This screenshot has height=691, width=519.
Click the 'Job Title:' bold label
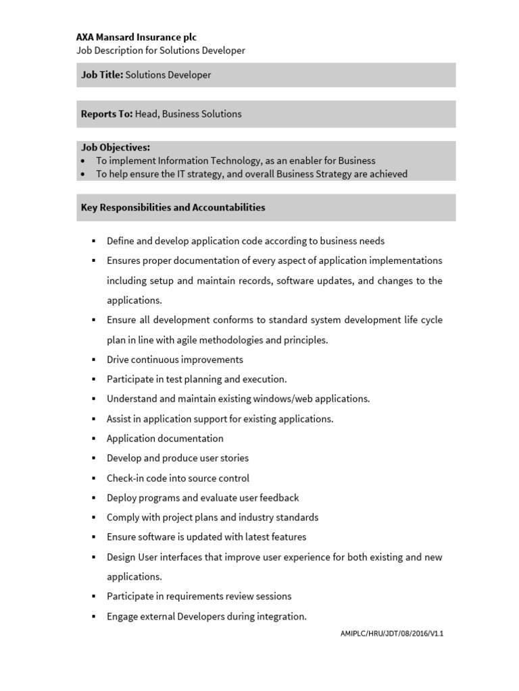(x=102, y=75)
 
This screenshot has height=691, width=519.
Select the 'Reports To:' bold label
(x=107, y=114)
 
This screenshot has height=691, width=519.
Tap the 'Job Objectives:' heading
(x=116, y=147)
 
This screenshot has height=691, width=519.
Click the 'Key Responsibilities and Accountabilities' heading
(x=173, y=207)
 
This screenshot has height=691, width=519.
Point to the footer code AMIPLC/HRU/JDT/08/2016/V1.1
(x=391, y=634)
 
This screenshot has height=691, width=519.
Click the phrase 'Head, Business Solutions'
(x=188, y=114)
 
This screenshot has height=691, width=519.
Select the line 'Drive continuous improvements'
(x=175, y=360)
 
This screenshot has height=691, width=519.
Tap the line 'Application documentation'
(x=165, y=439)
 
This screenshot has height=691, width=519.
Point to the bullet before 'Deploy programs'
(x=94, y=498)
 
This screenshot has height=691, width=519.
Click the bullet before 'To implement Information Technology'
(x=82, y=161)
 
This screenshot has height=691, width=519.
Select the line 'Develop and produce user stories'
(x=178, y=458)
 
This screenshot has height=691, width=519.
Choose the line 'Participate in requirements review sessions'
(x=199, y=597)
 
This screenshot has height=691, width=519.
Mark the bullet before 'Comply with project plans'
(x=94, y=518)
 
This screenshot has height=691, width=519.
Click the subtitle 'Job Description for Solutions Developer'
(x=160, y=51)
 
